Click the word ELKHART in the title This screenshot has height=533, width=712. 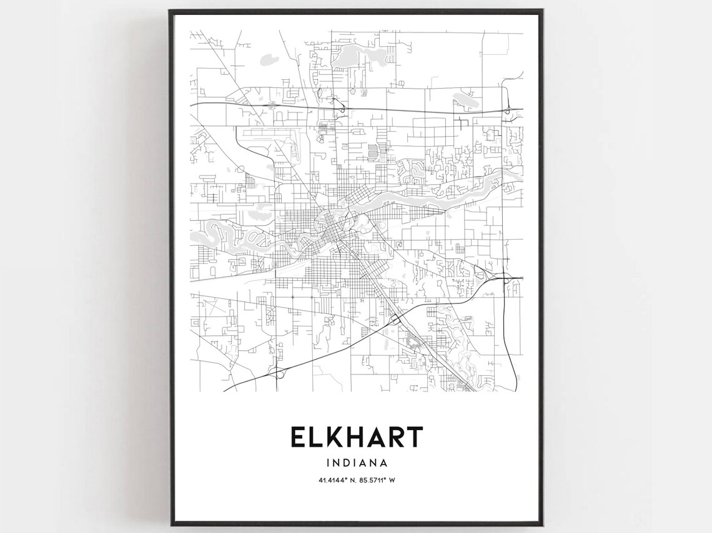pyautogui.click(x=356, y=438)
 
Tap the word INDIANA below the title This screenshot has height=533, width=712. pyautogui.click(x=356, y=463)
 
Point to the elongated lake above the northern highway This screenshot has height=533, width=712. pyautogui.click(x=465, y=99)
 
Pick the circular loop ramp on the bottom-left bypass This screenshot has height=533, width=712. pyautogui.click(x=279, y=373)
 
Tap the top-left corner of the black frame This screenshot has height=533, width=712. pyautogui.click(x=170, y=11)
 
